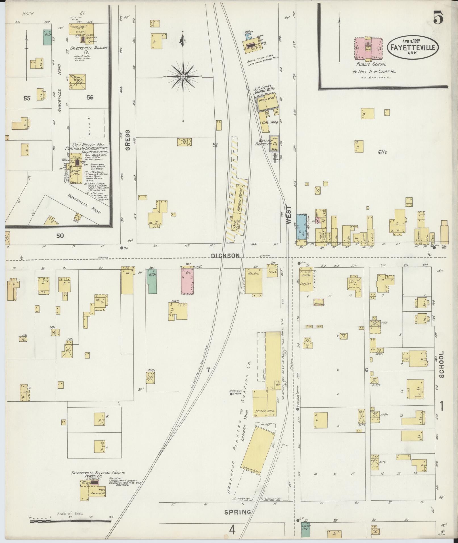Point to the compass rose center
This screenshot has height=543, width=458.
tap(183, 77)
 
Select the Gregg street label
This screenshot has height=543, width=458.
tap(127, 140)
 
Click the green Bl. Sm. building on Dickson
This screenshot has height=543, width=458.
tap(152, 281)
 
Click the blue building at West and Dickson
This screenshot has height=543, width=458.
tap(302, 227)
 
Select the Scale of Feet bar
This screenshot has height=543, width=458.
tap(70, 520)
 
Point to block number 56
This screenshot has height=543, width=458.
tap(90, 97)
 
